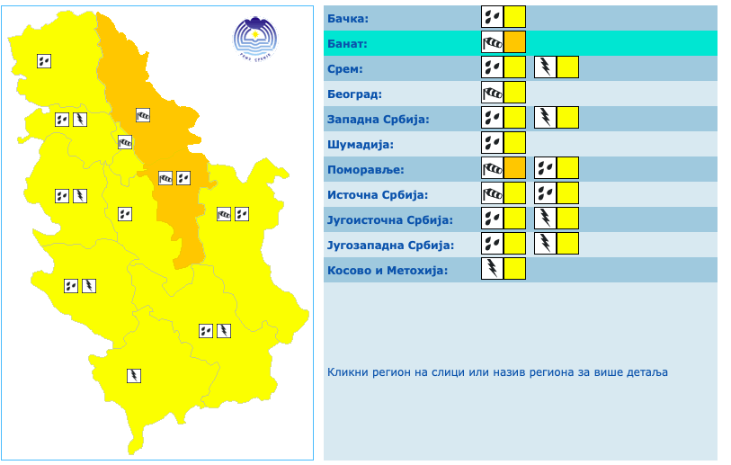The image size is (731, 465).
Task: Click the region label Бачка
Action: (349, 18)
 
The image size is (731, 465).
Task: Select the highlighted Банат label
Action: (348, 43)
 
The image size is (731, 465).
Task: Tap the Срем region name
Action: (345, 68)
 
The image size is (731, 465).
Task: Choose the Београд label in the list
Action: (355, 94)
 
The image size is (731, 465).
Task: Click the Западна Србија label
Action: (379, 119)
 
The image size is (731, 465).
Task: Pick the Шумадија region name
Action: (361, 144)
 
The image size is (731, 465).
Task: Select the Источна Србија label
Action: (378, 194)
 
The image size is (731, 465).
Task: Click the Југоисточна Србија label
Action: (389, 219)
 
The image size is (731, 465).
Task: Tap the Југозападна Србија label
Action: (390, 245)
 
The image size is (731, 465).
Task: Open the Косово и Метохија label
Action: (388, 270)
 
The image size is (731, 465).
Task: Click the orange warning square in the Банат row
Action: (514, 42)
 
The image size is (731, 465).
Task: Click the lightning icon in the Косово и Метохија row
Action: (492, 268)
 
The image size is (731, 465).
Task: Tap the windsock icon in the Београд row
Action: (492, 92)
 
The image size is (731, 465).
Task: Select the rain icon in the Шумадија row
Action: (492, 142)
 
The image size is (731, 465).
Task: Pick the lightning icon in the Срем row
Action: (546, 67)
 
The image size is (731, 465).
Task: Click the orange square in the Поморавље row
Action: (514, 167)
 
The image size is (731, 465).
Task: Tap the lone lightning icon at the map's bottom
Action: (134, 374)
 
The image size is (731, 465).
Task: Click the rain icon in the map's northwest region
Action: (44, 61)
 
